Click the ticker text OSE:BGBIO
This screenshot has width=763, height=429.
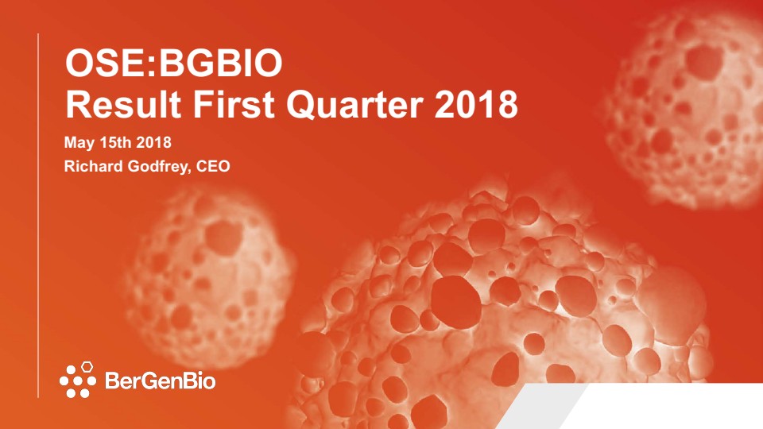click(174, 64)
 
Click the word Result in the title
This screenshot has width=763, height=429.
click(123, 104)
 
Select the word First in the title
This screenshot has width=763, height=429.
click(234, 104)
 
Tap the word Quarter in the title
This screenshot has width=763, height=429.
click(354, 105)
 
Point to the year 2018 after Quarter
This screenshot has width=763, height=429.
click(476, 104)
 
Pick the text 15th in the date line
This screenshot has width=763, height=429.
click(115, 142)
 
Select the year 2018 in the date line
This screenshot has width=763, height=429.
click(153, 142)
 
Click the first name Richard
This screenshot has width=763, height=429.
click(94, 166)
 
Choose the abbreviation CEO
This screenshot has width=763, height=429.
click(213, 166)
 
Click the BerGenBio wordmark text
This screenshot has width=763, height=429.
click(160, 381)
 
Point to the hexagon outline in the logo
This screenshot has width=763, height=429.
click(87, 367)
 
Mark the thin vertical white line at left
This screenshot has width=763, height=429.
click(38, 215)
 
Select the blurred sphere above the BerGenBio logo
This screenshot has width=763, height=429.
click(209, 277)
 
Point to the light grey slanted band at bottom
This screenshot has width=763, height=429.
click(541, 406)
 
